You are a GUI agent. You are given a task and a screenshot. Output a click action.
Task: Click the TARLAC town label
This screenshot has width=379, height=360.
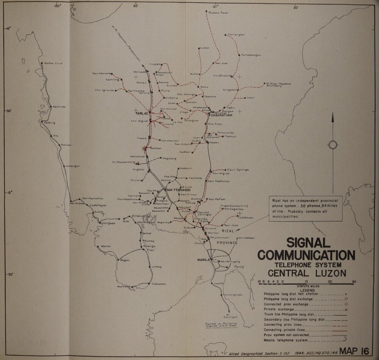tap(141, 113)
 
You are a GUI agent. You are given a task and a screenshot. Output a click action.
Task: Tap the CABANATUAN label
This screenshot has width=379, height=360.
tap(221, 116)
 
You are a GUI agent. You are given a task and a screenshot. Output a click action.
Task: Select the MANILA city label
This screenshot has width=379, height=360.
tap(203, 260)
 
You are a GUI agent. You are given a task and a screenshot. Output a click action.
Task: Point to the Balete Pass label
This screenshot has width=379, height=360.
tap(219, 12)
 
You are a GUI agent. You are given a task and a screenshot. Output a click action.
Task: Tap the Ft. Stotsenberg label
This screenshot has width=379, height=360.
tap(124, 162)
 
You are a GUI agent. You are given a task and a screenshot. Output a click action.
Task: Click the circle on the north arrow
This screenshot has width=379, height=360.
tap(332, 144)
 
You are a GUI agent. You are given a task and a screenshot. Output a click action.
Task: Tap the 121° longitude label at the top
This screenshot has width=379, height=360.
tap(215, 6)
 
